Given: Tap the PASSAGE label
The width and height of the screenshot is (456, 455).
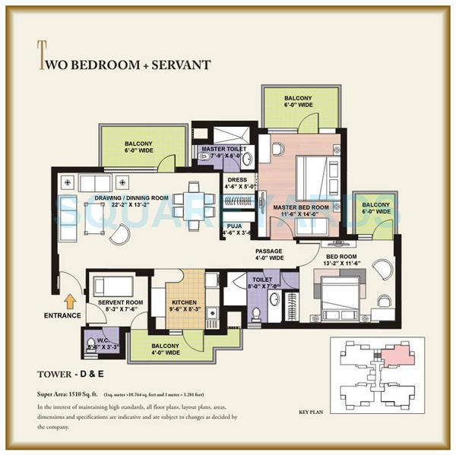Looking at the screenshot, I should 269,251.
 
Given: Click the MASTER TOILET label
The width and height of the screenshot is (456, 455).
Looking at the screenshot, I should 220,148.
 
